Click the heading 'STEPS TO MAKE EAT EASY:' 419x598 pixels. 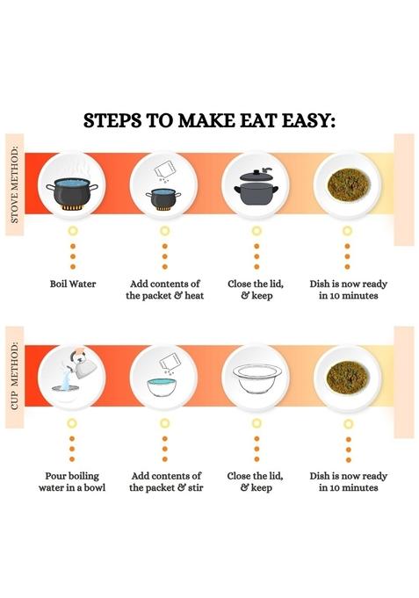(x=209, y=120)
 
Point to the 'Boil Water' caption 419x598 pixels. (x=73, y=285)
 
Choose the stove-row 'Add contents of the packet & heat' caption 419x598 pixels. (x=164, y=290)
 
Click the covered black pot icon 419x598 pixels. (x=255, y=186)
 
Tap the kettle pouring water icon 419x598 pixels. (x=73, y=377)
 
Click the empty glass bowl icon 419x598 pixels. (x=256, y=378)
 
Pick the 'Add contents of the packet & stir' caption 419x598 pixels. (x=165, y=481)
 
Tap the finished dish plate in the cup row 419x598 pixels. (x=347, y=377)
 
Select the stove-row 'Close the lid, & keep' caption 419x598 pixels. (x=256, y=290)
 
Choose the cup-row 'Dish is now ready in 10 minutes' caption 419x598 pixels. (x=349, y=481)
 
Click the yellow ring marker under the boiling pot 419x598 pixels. (x=73, y=230)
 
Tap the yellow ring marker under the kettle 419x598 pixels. (x=73, y=422)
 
